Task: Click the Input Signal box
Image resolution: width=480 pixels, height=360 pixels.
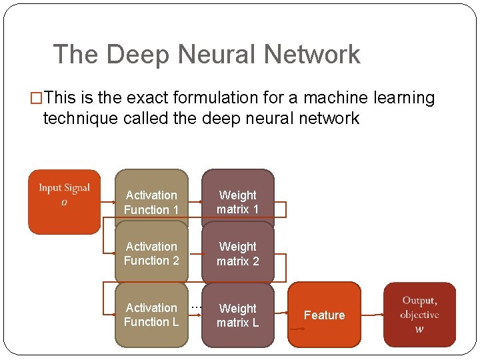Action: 64,201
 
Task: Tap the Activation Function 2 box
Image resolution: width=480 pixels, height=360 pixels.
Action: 151,253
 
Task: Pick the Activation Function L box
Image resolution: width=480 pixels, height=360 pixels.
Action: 151,315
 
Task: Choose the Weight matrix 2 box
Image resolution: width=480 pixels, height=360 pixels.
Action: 237,253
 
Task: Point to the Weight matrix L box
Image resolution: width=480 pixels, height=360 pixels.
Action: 237,315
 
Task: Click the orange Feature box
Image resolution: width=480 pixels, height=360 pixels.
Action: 324,315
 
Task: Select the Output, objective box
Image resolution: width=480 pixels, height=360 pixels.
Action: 419,315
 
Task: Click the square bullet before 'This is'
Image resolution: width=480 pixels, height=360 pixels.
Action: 37,99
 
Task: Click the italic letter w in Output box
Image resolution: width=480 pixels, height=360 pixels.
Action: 419,329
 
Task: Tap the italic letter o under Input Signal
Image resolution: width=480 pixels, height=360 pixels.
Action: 64,202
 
